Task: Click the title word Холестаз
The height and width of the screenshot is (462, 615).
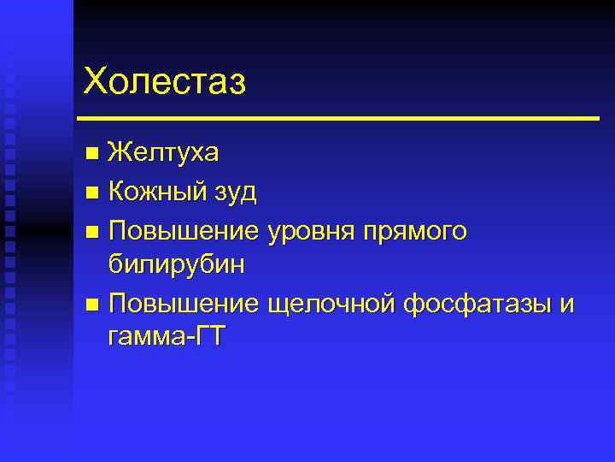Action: coord(165,82)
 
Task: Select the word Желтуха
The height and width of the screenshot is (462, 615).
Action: coord(164,153)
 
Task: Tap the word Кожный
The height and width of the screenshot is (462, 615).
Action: coord(153,191)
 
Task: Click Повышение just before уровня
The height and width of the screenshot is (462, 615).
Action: coord(184,228)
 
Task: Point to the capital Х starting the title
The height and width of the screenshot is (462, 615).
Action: coord(97,82)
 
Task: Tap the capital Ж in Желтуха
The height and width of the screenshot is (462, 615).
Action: coord(121,153)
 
